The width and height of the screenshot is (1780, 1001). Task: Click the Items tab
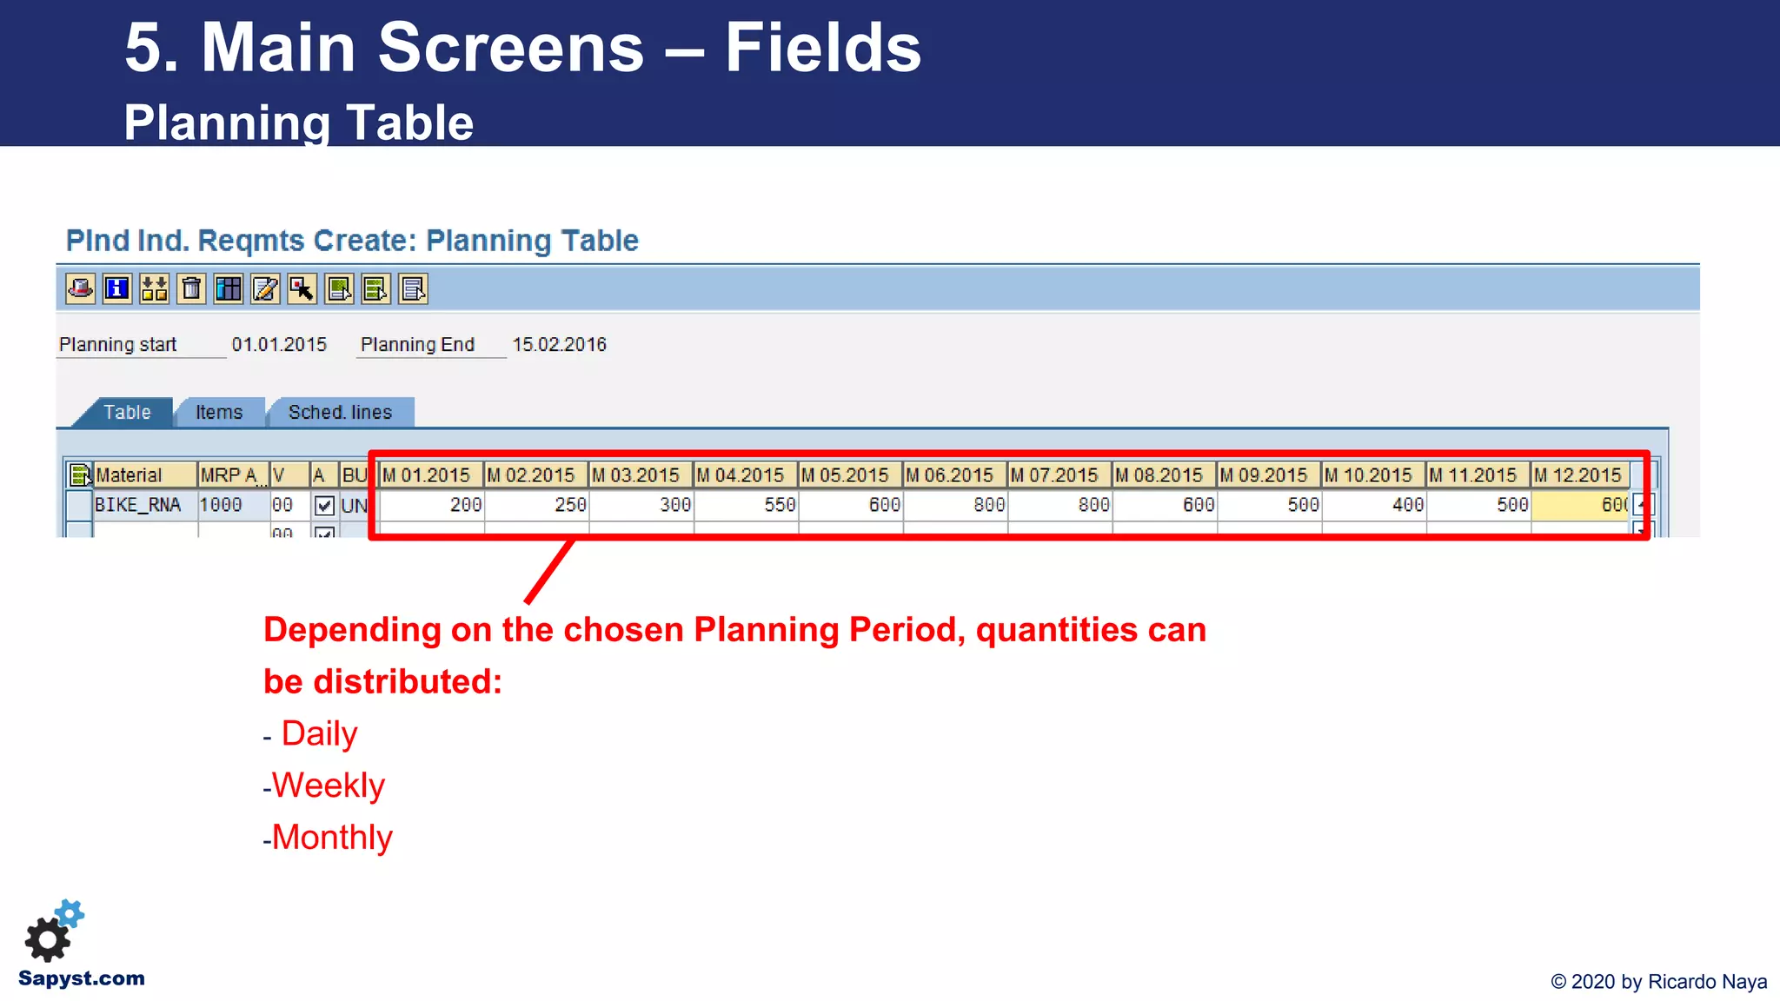point(219,412)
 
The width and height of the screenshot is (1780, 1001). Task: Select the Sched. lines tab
point(340,412)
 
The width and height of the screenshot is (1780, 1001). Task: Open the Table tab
point(127,412)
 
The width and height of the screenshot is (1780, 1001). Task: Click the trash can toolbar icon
point(191,288)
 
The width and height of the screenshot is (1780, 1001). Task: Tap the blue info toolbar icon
point(117,288)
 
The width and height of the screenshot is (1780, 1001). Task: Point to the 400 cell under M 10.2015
point(1374,505)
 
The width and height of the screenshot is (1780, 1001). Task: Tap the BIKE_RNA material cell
point(139,505)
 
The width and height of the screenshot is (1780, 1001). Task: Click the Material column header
point(143,475)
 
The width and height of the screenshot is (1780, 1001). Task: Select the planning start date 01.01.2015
point(279,345)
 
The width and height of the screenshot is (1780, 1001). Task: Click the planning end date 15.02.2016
point(559,345)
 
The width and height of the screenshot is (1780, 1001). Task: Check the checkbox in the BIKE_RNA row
point(324,506)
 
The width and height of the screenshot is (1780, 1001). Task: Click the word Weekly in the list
point(329,786)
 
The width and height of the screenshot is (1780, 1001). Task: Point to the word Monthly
point(332,838)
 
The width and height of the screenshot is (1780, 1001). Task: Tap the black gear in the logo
point(47,939)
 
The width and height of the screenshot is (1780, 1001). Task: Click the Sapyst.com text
point(82,978)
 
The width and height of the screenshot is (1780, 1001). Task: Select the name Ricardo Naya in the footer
point(1707,982)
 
